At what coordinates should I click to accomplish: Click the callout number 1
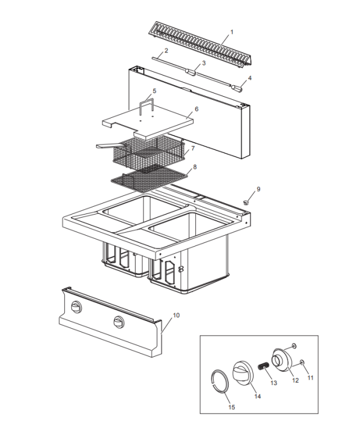pos(231,31)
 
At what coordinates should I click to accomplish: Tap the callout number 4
pos(249,77)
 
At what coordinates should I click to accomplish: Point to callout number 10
pos(177,315)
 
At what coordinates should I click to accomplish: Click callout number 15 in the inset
pos(231,407)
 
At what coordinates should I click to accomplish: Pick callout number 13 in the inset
pos(273,383)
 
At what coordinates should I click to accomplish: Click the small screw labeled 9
pos(246,201)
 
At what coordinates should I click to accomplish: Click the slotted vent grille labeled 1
pos(200,44)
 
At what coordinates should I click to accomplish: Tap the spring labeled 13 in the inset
pos(264,366)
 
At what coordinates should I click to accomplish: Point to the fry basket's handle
pos(109,146)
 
